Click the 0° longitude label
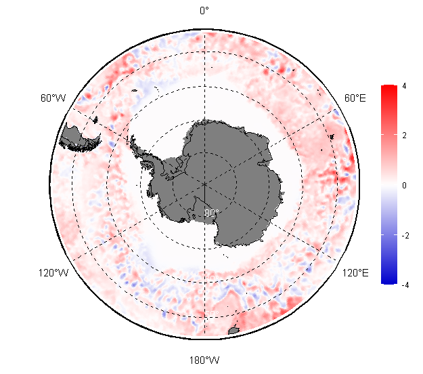tap(204, 11)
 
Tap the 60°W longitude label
tap(53, 98)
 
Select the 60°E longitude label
tap(355, 98)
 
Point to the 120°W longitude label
tap(53, 273)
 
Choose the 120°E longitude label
tap(355, 273)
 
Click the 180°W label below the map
tap(204, 360)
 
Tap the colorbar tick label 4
tap(404, 86)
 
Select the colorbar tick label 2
tap(404, 136)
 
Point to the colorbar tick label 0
tap(404, 185)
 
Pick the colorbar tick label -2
tap(405, 236)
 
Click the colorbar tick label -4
tap(405, 285)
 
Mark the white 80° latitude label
tap(211, 213)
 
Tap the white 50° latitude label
tap(212, 314)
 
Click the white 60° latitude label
tap(212, 278)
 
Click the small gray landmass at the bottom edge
tap(233, 330)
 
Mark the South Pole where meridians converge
tap(204, 184)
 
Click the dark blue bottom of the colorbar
tap(389, 280)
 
